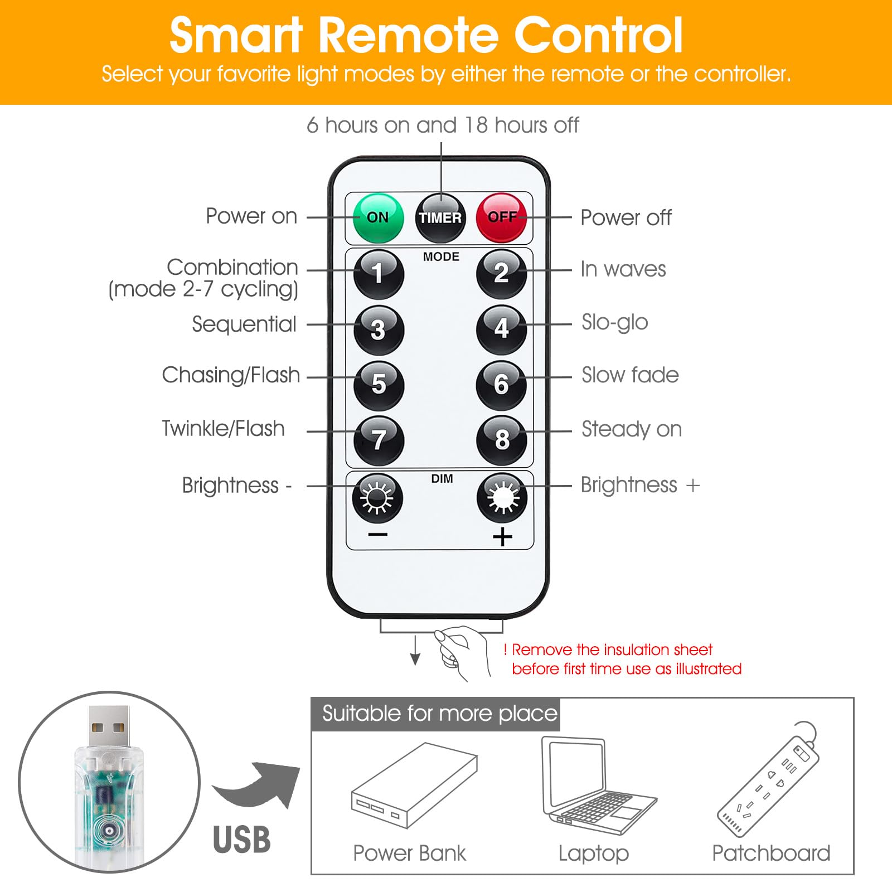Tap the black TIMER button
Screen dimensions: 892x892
[x=440, y=218]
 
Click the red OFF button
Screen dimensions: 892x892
[x=501, y=217]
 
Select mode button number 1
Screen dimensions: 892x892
[x=379, y=274]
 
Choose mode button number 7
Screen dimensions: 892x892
[x=379, y=440]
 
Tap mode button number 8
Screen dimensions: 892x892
[x=501, y=440]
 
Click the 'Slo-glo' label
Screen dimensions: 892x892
[x=614, y=322]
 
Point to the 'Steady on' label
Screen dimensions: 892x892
[x=632, y=429]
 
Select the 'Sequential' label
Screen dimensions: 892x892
[x=244, y=324]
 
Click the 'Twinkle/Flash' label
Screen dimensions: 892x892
[x=223, y=428]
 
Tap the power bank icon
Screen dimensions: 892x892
[x=414, y=785]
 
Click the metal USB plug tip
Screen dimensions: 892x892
[x=109, y=726]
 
